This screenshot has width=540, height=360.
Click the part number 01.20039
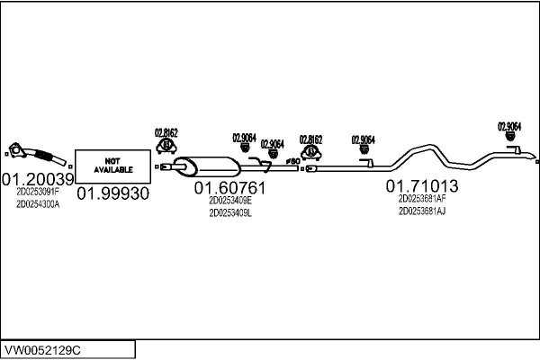point(38,179)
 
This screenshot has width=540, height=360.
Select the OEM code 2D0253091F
point(38,192)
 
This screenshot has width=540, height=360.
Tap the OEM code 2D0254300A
point(38,204)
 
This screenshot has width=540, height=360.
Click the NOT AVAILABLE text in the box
point(113,166)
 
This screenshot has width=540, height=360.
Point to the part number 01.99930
point(113,193)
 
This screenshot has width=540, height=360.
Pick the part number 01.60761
point(230,188)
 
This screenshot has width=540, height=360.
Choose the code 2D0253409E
point(230,201)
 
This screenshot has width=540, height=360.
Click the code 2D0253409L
point(230,213)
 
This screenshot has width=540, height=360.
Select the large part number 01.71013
point(422,186)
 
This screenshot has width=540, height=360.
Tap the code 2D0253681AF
point(422,199)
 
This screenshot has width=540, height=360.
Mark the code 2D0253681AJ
point(422,211)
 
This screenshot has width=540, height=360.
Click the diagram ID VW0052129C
point(42,350)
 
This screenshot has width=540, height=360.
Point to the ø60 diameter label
point(293,161)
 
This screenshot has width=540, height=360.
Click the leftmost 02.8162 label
point(166,132)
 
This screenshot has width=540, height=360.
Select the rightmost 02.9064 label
point(509,126)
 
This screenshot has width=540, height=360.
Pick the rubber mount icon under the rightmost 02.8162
point(311,153)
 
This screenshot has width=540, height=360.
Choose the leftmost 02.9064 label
point(245,138)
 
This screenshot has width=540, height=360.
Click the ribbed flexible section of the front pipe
point(44,155)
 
